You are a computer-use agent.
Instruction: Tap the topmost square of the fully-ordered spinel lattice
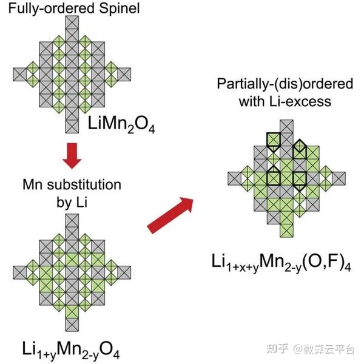72,21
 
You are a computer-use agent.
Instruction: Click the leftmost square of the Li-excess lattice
234,178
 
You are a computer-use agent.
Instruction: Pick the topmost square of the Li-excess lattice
287,126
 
